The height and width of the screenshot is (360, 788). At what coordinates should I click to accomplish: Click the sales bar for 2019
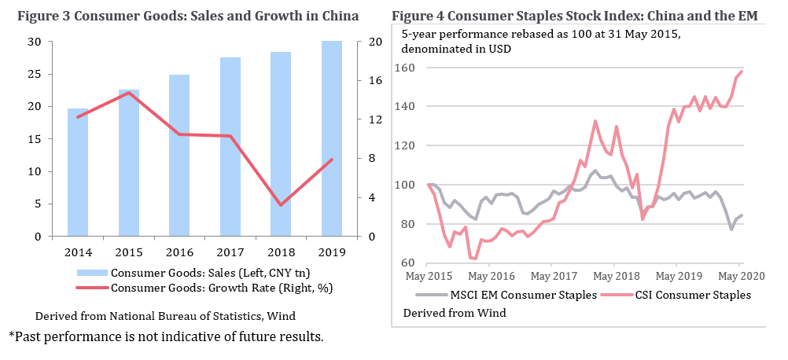pyautogui.click(x=332, y=138)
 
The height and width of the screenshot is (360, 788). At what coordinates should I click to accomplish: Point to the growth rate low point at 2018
pyautogui.click(x=281, y=205)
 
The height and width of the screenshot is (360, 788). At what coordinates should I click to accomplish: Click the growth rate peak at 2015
pyautogui.click(x=129, y=93)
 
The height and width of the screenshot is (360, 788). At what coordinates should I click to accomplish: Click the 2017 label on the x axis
pyautogui.click(x=230, y=252)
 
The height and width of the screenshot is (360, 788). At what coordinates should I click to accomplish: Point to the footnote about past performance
pyautogui.click(x=166, y=337)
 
